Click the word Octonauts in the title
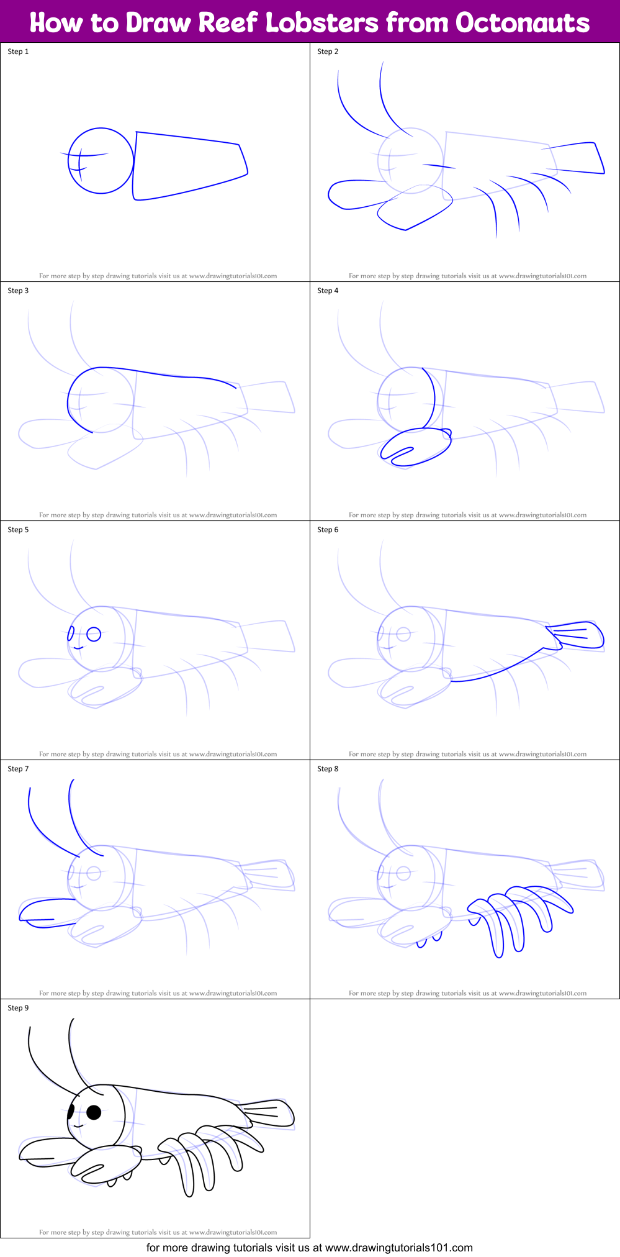click(x=522, y=23)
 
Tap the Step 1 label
click(x=18, y=52)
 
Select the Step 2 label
click(x=328, y=52)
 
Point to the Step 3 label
click(x=18, y=291)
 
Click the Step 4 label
click(x=328, y=291)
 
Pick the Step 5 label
click(x=18, y=530)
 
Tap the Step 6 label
click(x=328, y=530)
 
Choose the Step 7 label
click(x=18, y=769)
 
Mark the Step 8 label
click(x=328, y=769)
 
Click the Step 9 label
click(x=18, y=1008)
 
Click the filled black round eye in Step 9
click(x=94, y=1112)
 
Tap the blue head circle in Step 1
click(x=101, y=161)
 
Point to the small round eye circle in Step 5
click(x=94, y=634)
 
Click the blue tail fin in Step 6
click(x=577, y=635)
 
